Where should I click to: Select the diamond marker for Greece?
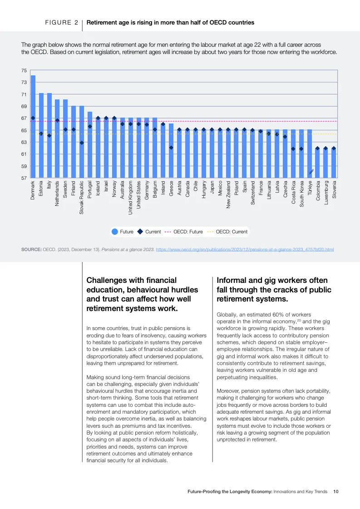tap(172, 148)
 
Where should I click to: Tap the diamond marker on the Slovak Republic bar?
tap(82, 143)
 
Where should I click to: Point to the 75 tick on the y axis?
tap(24, 70)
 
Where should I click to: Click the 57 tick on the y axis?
tap(24, 178)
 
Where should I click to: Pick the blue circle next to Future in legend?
tap(115, 232)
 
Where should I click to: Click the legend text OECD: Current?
tap(232, 232)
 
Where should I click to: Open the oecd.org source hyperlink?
tap(245, 249)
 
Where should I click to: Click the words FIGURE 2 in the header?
tap(61, 22)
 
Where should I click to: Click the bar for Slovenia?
tap(334, 163)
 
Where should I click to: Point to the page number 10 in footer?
tap(336, 491)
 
